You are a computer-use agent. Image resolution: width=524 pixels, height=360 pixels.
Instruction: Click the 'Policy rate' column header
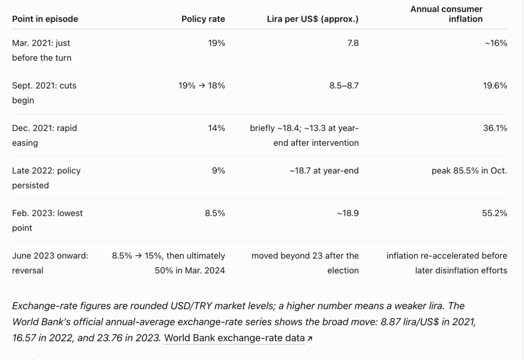[x=203, y=19]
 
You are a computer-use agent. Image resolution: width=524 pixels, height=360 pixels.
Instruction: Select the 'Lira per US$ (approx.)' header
[x=313, y=19]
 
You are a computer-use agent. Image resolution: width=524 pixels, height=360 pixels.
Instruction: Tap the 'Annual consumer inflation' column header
[x=446, y=14]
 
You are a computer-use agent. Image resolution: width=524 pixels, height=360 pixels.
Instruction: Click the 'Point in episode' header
[x=45, y=19]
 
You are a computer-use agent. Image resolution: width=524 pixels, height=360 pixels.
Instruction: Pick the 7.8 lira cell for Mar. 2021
[x=353, y=43]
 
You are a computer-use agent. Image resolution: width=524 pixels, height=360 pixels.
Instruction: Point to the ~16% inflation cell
[x=496, y=43]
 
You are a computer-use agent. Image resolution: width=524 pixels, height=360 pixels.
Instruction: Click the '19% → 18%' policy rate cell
[x=202, y=86]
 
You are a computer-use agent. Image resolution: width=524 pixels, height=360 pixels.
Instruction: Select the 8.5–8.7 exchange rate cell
[x=344, y=86]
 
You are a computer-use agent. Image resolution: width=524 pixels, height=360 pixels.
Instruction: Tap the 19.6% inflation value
[x=495, y=86]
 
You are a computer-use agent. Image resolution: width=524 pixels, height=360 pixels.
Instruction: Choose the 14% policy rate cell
[x=216, y=128]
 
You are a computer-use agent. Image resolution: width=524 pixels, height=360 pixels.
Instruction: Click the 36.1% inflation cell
[x=495, y=128]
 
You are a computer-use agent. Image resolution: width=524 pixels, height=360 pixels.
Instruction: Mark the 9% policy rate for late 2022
[x=219, y=171]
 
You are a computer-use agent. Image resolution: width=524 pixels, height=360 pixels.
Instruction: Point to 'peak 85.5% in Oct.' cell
[x=469, y=171]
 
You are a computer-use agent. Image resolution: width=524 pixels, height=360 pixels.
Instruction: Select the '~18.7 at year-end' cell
[x=324, y=171]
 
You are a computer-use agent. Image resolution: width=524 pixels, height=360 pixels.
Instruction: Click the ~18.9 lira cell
[x=348, y=213]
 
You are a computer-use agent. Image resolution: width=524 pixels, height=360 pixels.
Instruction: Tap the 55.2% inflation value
[x=495, y=213]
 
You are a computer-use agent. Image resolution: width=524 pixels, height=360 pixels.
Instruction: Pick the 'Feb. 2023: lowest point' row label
[x=48, y=221]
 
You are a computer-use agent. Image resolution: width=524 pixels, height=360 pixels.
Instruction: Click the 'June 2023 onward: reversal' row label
[x=50, y=263]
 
